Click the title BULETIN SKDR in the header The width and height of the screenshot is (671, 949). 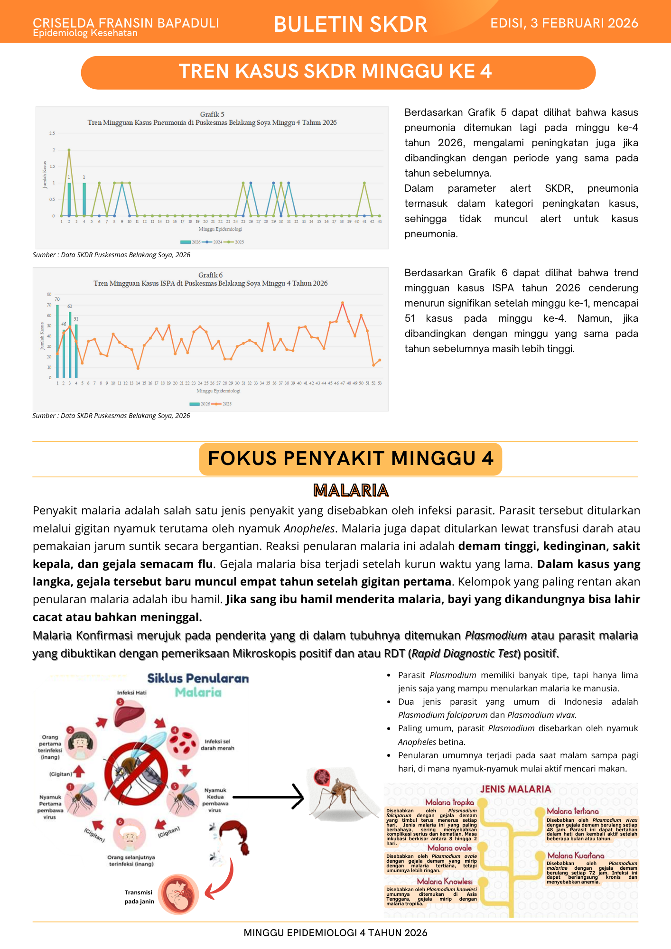point(350,24)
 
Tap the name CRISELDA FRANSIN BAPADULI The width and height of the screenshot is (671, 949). point(126,22)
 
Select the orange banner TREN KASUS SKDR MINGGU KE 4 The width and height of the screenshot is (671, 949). point(338,72)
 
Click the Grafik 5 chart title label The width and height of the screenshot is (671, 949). point(212,114)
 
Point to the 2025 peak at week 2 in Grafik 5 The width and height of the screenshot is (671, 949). point(69,150)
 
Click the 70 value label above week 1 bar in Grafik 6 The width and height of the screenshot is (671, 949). point(57,299)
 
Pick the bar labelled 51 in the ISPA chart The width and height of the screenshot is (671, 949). point(76,350)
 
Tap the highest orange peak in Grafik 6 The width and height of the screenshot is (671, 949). point(343,303)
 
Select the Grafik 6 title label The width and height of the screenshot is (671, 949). point(210,275)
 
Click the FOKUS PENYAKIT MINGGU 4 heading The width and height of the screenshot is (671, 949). point(350,459)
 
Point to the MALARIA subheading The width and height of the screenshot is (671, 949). point(351,490)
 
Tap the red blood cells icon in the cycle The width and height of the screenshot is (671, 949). point(184,742)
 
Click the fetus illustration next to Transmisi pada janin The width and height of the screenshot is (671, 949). point(178,894)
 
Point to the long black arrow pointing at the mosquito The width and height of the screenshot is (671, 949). point(268,797)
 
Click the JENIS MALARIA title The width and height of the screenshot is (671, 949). point(515,789)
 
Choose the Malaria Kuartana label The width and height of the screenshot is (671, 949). point(576,856)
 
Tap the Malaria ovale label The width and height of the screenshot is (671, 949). point(449,848)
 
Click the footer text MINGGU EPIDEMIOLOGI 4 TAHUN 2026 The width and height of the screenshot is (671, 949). point(335,933)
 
